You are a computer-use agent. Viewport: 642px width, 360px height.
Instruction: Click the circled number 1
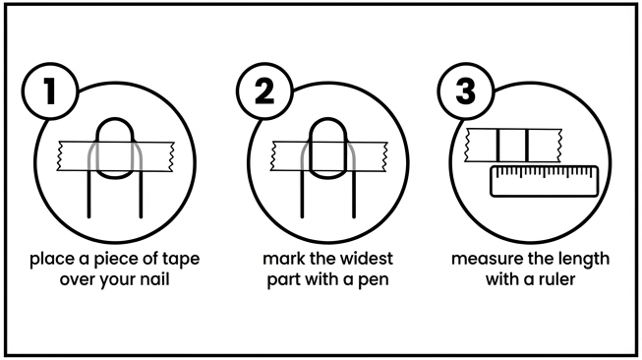coord(50,90)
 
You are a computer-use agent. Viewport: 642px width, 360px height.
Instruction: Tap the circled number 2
coord(264,90)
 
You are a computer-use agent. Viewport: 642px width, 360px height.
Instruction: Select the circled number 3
coord(466,90)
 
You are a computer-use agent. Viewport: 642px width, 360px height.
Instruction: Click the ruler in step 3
coord(544,181)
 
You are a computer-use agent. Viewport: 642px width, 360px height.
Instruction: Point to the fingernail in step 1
coord(115,149)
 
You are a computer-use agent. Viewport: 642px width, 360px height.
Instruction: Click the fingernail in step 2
coord(328,149)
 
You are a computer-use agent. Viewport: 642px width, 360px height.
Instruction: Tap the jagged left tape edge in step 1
coord(60,156)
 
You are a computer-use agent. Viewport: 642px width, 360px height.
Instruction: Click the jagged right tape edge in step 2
coord(384,156)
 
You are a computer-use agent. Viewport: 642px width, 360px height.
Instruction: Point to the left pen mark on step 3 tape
coord(498,146)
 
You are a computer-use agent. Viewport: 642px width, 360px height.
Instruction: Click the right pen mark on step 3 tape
coord(527,146)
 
